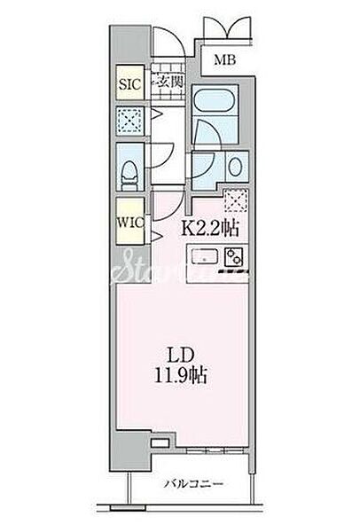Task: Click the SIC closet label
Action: click(129, 84)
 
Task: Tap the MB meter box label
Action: click(224, 60)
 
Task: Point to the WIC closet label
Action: click(130, 223)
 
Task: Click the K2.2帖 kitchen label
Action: click(211, 229)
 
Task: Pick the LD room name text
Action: click(181, 356)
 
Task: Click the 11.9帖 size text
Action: click(181, 375)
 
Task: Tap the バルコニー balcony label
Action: click(193, 483)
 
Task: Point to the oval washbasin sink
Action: click(235, 167)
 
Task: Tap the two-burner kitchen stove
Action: click(234, 257)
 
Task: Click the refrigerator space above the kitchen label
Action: click(236, 200)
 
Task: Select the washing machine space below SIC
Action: click(130, 121)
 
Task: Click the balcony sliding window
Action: click(215, 450)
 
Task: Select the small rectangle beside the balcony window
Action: click(160, 442)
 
